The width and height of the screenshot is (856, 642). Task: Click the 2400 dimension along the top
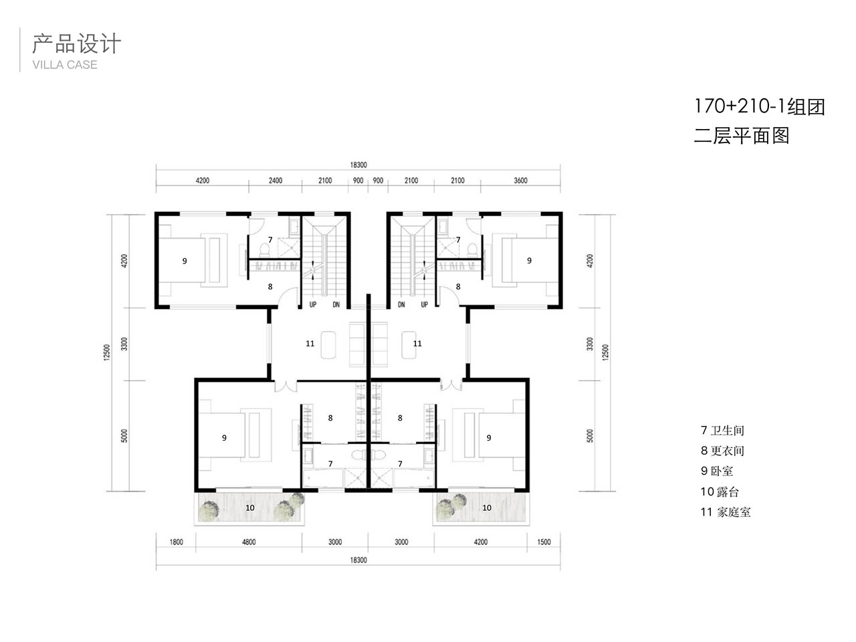point(275,181)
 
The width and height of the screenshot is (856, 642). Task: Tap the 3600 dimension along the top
point(520,181)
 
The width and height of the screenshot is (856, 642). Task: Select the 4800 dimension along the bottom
point(248,542)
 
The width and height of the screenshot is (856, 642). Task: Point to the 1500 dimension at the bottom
point(544,542)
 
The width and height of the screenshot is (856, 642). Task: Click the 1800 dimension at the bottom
point(177,542)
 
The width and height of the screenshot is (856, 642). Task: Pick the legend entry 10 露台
point(720,492)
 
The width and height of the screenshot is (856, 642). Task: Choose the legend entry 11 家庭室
point(726,512)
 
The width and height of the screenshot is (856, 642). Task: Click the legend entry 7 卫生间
point(722,430)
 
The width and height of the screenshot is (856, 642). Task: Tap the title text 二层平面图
point(742,136)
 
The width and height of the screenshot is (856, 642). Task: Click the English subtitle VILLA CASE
point(65,65)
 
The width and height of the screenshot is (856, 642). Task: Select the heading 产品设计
point(76,43)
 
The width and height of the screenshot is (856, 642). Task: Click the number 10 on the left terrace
point(249,508)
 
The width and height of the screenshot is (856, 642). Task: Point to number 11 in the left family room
point(310,344)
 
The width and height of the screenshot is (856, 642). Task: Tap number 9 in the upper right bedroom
point(529,260)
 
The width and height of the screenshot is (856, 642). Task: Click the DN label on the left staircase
point(336,304)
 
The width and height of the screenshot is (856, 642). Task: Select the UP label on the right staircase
point(424,304)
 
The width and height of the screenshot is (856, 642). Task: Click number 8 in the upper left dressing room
point(270,286)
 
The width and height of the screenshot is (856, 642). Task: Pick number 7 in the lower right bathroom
point(400,463)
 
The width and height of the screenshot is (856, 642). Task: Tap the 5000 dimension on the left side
point(124,436)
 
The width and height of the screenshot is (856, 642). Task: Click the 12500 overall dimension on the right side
point(605,352)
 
